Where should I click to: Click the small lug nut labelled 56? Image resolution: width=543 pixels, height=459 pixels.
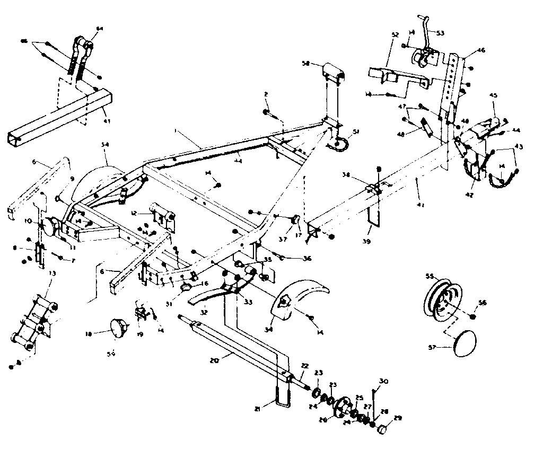tap(472, 316)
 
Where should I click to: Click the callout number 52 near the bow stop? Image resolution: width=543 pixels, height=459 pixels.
tap(395, 34)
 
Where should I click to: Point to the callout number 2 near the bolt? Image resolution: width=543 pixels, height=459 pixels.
tap(266, 94)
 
